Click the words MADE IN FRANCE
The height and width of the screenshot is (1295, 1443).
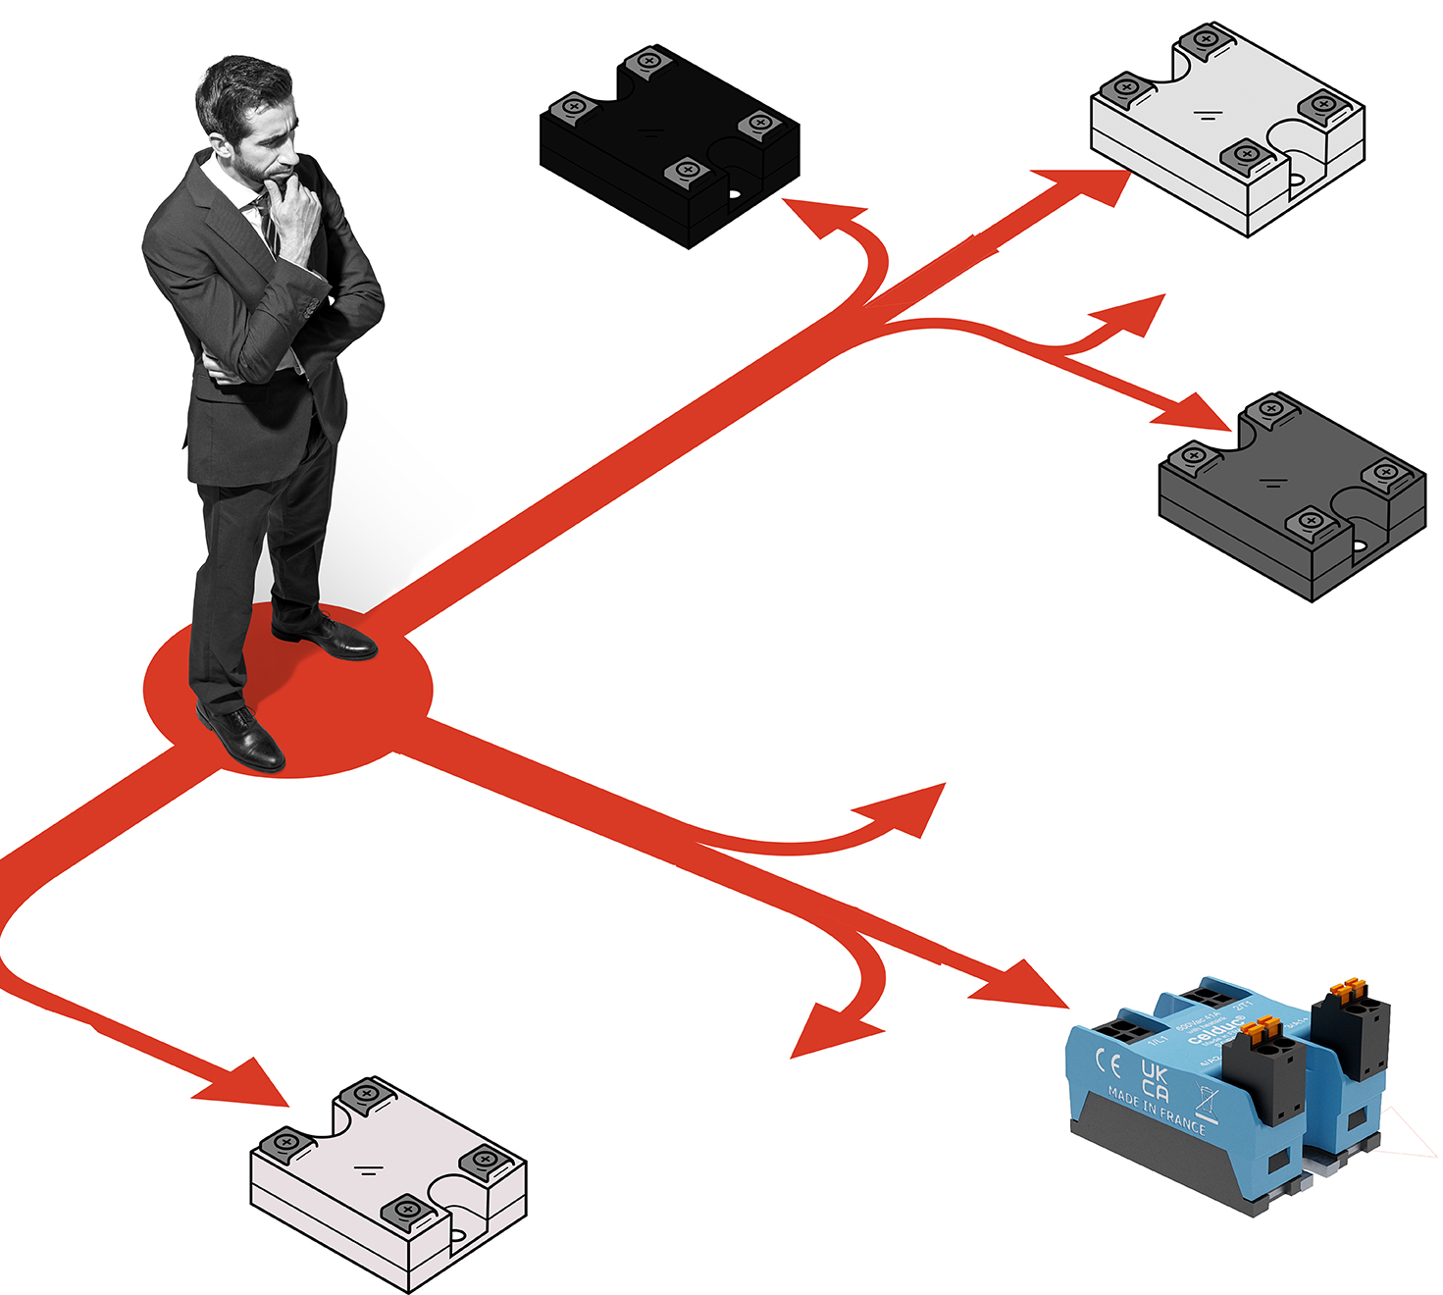tap(1157, 1111)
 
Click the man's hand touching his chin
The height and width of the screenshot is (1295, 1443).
tap(294, 211)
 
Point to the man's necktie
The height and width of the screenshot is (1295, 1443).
tap(266, 221)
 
